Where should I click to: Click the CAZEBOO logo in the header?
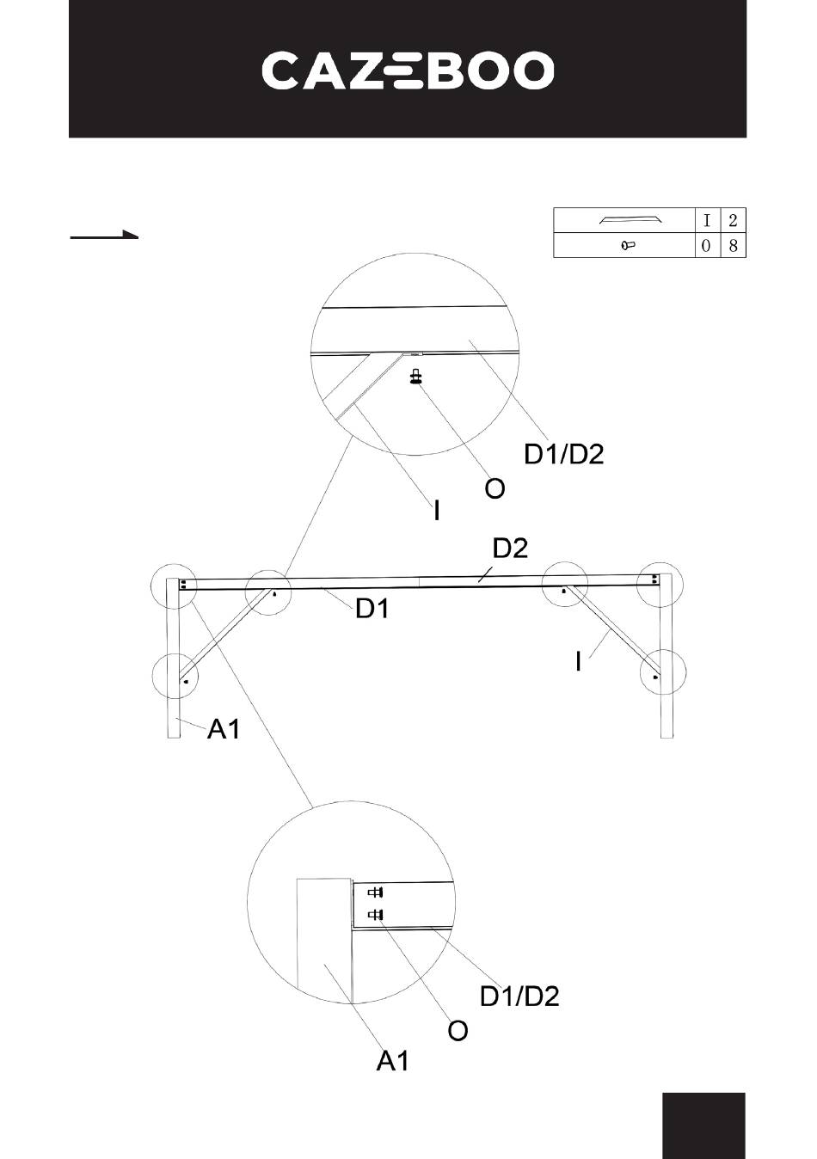tap(408, 71)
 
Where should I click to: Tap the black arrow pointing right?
tap(104, 234)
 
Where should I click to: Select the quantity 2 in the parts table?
tap(733, 220)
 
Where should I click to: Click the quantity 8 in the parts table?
tap(733, 246)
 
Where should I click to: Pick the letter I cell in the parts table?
tap(706, 220)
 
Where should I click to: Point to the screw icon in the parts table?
tap(627, 246)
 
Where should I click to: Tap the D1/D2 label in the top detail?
tap(564, 453)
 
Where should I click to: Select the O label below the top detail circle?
tap(494, 489)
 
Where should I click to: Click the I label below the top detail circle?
tap(437, 512)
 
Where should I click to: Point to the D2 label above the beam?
tap(510, 548)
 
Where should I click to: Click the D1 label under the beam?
tap(373, 610)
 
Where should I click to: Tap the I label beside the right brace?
tap(578, 661)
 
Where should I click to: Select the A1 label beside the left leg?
tap(224, 730)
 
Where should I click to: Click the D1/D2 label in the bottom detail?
tap(519, 996)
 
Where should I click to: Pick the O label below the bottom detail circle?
tap(458, 1030)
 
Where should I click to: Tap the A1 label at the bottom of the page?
tap(393, 1062)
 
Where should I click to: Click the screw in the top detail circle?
tap(416, 377)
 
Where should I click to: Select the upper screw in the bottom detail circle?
tap(375, 892)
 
